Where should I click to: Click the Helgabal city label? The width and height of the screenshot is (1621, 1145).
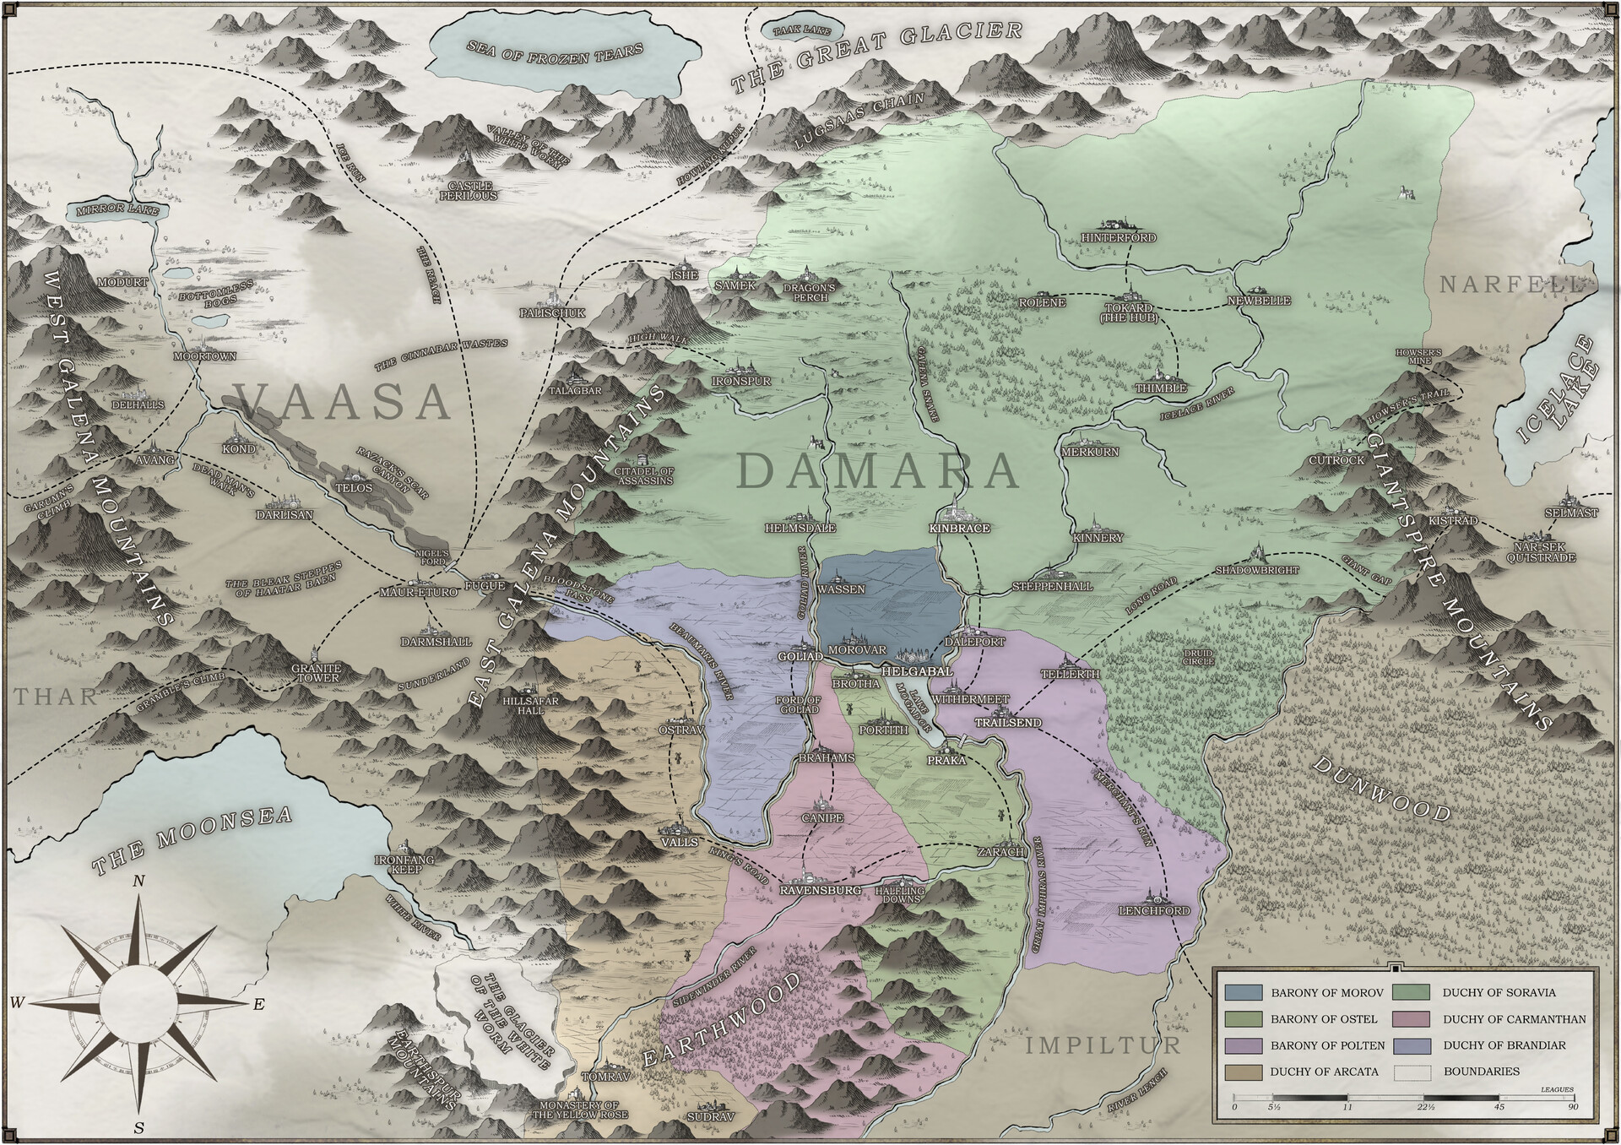(x=917, y=671)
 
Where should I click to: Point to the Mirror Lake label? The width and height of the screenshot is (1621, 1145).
(x=117, y=210)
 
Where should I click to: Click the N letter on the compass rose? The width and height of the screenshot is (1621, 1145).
(x=140, y=882)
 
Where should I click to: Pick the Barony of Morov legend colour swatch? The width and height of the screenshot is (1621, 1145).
(x=1243, y=993)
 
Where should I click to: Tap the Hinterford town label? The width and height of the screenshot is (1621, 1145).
(x=1119, y=238)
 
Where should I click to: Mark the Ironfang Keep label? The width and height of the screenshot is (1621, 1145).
(x=405, y=865)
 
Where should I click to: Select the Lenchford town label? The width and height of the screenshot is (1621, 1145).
(x=1154, y=911)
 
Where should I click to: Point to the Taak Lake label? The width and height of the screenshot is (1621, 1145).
(x=796, y=30)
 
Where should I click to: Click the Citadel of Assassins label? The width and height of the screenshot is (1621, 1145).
(x=644, y=475)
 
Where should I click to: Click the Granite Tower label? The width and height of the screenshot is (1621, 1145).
(x=316, y=673)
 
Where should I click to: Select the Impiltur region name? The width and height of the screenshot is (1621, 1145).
(x=1103, y=1045)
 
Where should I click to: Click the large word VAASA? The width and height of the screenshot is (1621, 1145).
(x=342, y=400)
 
